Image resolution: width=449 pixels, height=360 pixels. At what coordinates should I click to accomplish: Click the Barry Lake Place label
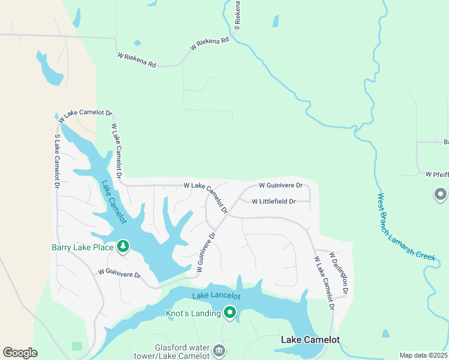pyautogui.click(x=82, y=246)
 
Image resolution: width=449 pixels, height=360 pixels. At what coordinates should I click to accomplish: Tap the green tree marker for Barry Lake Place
pyautogui.click(x=123, y=246)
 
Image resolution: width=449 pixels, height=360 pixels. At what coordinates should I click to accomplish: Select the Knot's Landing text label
pyautogui.click(x=193, y=313)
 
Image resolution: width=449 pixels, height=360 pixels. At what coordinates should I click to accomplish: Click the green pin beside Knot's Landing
pyautogui.click(x=229, y=312)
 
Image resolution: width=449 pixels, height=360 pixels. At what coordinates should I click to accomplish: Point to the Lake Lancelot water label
pyautogui.click(x=216, y=296)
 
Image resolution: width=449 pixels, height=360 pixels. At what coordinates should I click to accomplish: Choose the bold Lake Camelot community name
pyautogui.click(x=310, y=340)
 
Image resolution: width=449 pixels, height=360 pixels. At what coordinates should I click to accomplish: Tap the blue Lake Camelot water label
pyautogui.click(x=113, y=202)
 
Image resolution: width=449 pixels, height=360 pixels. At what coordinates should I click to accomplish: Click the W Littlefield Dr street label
pyautogui.click(x=273, y=202)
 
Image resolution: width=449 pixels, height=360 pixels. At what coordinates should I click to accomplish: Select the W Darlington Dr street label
pyautogui.click(x=338, y=272)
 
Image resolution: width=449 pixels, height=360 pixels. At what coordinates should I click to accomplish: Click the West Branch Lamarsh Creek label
pyautogui.click(x=406, y=227)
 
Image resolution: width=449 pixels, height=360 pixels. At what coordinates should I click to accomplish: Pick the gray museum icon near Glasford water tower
pyautogui.click(x=218, y=349)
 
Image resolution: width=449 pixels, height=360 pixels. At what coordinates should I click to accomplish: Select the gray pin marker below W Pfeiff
pyautogui.click(x=440, y=194)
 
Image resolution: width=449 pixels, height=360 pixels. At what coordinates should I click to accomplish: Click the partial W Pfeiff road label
pyautogui.click(x=436, y=175)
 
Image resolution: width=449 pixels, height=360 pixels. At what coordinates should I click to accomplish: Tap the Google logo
pyautogui.click(x=20, y=353)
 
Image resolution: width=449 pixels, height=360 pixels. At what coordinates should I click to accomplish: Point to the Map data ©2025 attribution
pyautogui.click(x=423, y=355)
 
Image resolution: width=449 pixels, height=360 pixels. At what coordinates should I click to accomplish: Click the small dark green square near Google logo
pyautogui.click(x=76, y=346)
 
